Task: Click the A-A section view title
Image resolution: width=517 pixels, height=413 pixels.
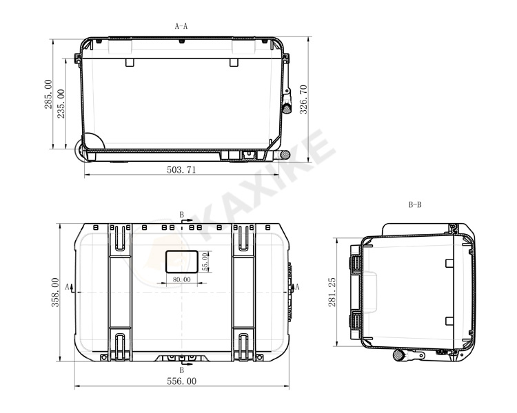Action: click(181, 26)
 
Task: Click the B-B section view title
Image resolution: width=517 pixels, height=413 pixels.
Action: click(415, 205)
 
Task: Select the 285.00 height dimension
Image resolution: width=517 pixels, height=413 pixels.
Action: click(48, 94)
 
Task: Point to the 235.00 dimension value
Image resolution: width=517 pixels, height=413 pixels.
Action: click(61, 104)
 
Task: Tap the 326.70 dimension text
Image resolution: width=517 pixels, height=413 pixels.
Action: click(303, 99)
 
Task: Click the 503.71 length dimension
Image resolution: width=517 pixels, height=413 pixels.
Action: click(181, 169)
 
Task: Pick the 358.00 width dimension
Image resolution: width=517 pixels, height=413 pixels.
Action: click(55, 293)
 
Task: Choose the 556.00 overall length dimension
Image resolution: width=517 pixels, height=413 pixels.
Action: click(182, 381)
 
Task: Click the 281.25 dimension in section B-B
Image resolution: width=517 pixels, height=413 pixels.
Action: click(332, 292)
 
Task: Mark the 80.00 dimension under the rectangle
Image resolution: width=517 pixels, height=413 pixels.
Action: click(182, 279)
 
